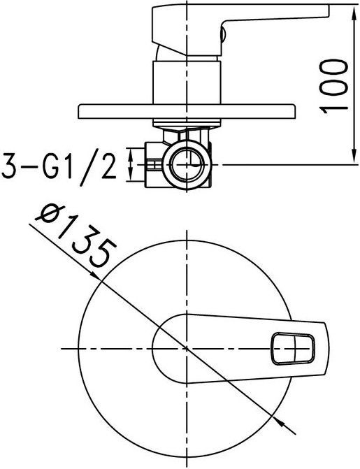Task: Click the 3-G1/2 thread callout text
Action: [x=59, y=166]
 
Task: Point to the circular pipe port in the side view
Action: [x=188, y=165]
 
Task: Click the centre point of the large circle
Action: [x=187, y=347]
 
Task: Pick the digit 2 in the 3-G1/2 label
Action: [x=108, y=166]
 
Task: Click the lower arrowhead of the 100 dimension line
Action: [x=347, y=159]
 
